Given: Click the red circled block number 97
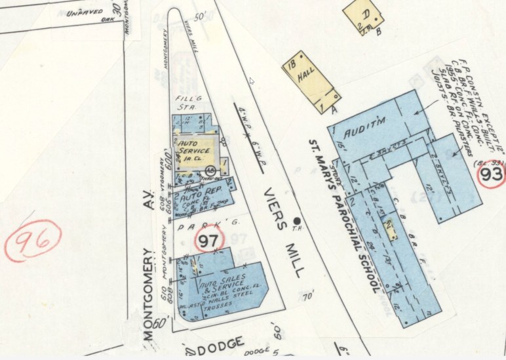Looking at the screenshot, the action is [x=208, y=241].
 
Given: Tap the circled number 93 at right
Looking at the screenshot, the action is [x=491, y=174].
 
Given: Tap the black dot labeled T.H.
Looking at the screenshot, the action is [x=298, y=221].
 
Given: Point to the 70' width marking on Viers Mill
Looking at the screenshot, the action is [x=308, y=297].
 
